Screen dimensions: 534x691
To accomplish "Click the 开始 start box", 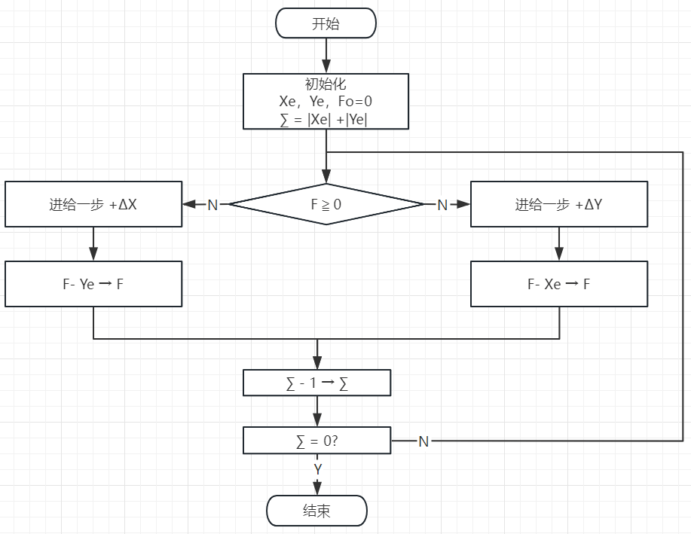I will click(326, 23).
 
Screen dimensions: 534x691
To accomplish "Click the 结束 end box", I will click(316, 511).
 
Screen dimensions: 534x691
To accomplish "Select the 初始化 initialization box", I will click(326, 101).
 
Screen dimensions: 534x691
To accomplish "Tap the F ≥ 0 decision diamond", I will click(326, 204).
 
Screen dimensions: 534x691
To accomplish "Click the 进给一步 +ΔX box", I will click(93, 204).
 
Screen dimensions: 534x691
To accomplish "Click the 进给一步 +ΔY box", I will click(558, 204).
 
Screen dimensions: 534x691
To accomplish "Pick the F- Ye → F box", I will click(93, 284).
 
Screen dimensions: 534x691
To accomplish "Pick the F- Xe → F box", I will click(558, 284).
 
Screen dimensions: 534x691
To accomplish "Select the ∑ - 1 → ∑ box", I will click(316, 383).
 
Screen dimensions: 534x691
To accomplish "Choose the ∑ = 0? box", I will click(316, 441).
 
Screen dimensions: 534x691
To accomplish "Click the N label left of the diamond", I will click(212, 205).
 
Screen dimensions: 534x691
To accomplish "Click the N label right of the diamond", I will click(442, 205).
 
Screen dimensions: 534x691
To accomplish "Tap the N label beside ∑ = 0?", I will click(423, 441).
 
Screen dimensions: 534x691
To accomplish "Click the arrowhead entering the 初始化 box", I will click(326, 67).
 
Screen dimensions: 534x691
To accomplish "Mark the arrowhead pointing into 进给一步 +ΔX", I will click(188, 204).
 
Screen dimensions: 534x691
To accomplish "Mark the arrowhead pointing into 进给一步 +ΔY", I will click(464, 204).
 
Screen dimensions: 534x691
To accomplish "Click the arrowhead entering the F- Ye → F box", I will click(93, 255).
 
